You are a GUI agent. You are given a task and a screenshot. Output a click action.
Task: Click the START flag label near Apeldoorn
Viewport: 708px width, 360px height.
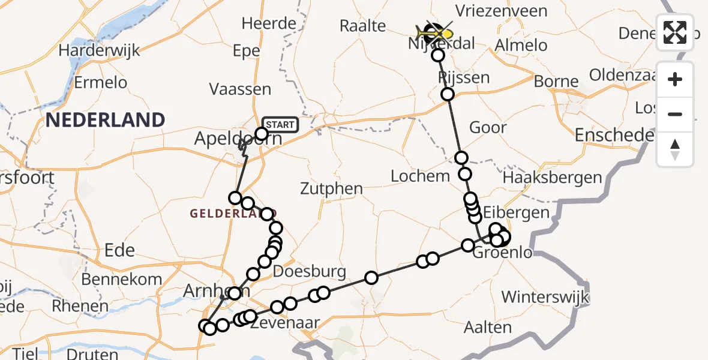coord(280,124)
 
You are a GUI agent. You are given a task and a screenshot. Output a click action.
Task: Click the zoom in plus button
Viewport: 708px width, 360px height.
coord(675,79)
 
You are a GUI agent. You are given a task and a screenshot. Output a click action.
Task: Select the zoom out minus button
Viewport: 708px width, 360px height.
coord(675,114)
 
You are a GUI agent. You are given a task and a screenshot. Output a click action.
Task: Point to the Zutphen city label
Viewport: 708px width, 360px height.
coord(332,189)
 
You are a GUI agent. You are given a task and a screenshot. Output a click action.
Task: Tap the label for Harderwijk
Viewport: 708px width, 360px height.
coord(100,50)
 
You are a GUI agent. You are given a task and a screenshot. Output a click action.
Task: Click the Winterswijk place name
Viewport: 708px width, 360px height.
coord(545,296)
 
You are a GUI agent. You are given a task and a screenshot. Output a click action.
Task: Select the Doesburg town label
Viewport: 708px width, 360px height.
coord(310,271)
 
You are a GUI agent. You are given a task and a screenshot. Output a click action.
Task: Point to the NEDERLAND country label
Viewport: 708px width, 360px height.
coord(105,120)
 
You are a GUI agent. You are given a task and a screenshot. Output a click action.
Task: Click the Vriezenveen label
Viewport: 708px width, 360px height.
coord(501,11)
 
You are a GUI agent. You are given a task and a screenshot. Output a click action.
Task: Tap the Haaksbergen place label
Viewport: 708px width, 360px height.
coord(552,177)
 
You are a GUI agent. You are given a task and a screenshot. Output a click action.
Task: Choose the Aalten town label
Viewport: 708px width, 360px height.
coord(488,328)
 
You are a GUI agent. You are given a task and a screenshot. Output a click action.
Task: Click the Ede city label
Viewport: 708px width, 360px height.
coord(119,250)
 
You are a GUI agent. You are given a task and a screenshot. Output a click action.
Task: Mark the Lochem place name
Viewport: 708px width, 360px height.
coord(420,176)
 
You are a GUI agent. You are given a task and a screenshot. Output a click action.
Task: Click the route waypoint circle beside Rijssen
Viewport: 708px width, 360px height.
coord(448,94)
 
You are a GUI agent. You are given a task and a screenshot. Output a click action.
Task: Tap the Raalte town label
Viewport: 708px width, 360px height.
coord(362,25)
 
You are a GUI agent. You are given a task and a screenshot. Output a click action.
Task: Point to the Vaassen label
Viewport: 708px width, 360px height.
coord(240,89)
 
